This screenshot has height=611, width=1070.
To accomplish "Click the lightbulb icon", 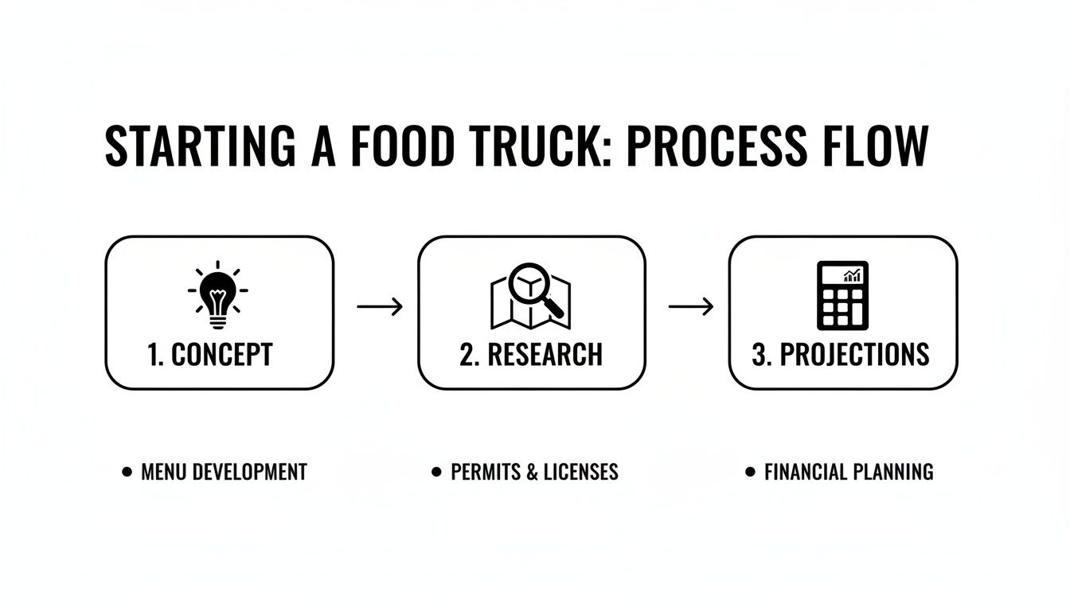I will [x=217, y=295].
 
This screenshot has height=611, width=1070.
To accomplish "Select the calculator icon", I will [x=842, y=295].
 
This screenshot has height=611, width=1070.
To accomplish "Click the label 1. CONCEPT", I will [x=211, y=355].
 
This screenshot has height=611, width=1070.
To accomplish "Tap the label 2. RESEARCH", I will [x=531, y=355].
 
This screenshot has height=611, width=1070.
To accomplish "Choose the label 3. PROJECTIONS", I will [x=841, y=355].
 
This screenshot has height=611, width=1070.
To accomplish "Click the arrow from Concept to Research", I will [x=380, y=306].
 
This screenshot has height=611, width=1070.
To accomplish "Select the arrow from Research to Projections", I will [x=691, y=306].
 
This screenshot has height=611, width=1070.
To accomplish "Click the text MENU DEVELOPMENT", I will [x=224, y=472].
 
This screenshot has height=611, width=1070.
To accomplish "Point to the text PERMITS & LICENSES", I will [x=534, y=472].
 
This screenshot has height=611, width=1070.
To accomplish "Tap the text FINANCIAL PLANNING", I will [x=849, y=472].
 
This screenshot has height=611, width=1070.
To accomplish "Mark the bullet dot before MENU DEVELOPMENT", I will [x=127, y=472].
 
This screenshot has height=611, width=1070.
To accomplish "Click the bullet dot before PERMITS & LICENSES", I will [x=435, y=472].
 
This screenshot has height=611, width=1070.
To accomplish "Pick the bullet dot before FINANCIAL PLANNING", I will [x=750, y=472].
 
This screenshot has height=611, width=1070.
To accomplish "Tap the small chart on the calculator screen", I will [x=852, y=275].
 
